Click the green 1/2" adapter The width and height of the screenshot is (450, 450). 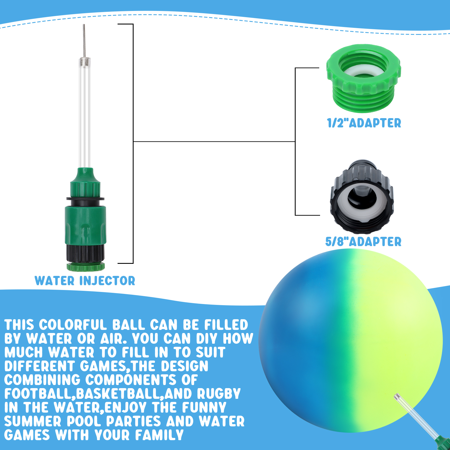click(363, 79)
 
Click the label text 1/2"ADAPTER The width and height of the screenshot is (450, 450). click(364, 123)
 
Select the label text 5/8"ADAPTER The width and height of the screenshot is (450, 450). click(363, 242)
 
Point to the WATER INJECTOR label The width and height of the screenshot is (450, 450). click(85, 281)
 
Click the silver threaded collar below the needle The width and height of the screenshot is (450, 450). click(85, 60)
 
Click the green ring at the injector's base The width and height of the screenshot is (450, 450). click(85, 267)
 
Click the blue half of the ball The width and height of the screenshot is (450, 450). click(304, 343)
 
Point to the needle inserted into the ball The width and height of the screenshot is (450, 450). click(416, 416)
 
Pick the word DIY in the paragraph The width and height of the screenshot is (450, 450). click(206, 339)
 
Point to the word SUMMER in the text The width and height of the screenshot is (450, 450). click(33, 421)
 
